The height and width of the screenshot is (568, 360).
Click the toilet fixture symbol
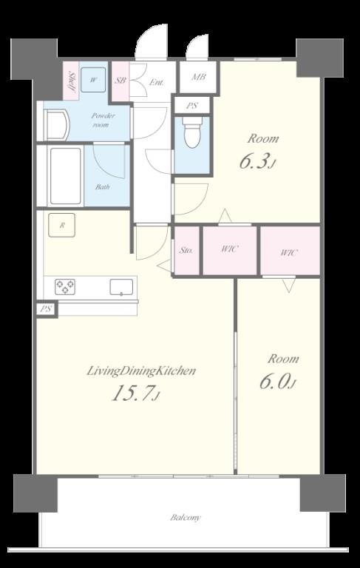click(x=191, y=132)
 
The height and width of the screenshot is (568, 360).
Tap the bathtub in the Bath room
click(x=66, y=176)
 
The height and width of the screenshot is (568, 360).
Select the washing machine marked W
click(x=93, y=80)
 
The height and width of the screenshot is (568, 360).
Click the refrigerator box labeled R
click(x=62, y=225)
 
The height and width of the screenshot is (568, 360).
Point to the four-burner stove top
click(x=65, y=287)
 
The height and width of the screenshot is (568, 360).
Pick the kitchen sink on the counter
click(x=121, y=287)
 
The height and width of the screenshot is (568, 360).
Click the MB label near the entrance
click(x=198, y=77)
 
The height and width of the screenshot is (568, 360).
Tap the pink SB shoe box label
click(x=120, y=81)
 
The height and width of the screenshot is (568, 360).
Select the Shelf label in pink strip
click(x=72, y=82)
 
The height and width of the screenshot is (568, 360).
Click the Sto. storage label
click(x=186, y=250)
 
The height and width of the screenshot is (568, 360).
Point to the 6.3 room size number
click(x=257, y=161)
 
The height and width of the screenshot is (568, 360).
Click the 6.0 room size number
click(x=278, y=382)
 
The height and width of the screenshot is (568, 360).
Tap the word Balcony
click(x=186, y=517)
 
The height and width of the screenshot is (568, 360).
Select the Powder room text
click(x=103, y=120)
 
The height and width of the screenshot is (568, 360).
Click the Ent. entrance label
click(x=157, y=82)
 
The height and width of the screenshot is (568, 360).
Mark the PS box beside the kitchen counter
click(x=47, y=310)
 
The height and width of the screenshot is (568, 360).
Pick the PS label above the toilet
click(x=192, y=106)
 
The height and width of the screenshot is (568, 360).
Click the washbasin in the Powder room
click(x=56, y=125)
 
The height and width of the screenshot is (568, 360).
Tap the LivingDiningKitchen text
click(x=141, y=371)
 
